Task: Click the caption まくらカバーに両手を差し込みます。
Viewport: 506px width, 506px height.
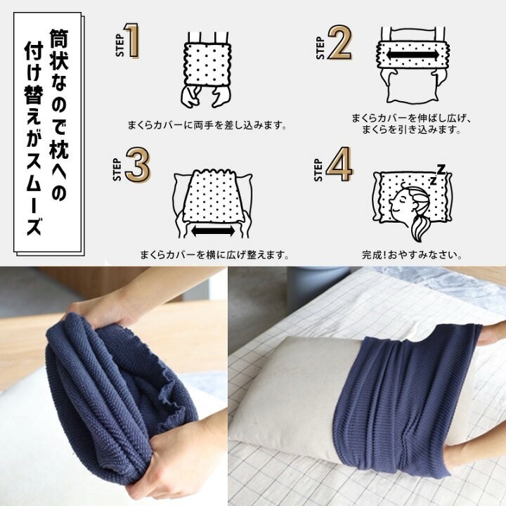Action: coord(207,126)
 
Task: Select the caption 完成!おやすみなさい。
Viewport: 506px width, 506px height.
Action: coord(411,254)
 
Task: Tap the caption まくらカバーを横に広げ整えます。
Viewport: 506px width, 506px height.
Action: coord(214,254)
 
